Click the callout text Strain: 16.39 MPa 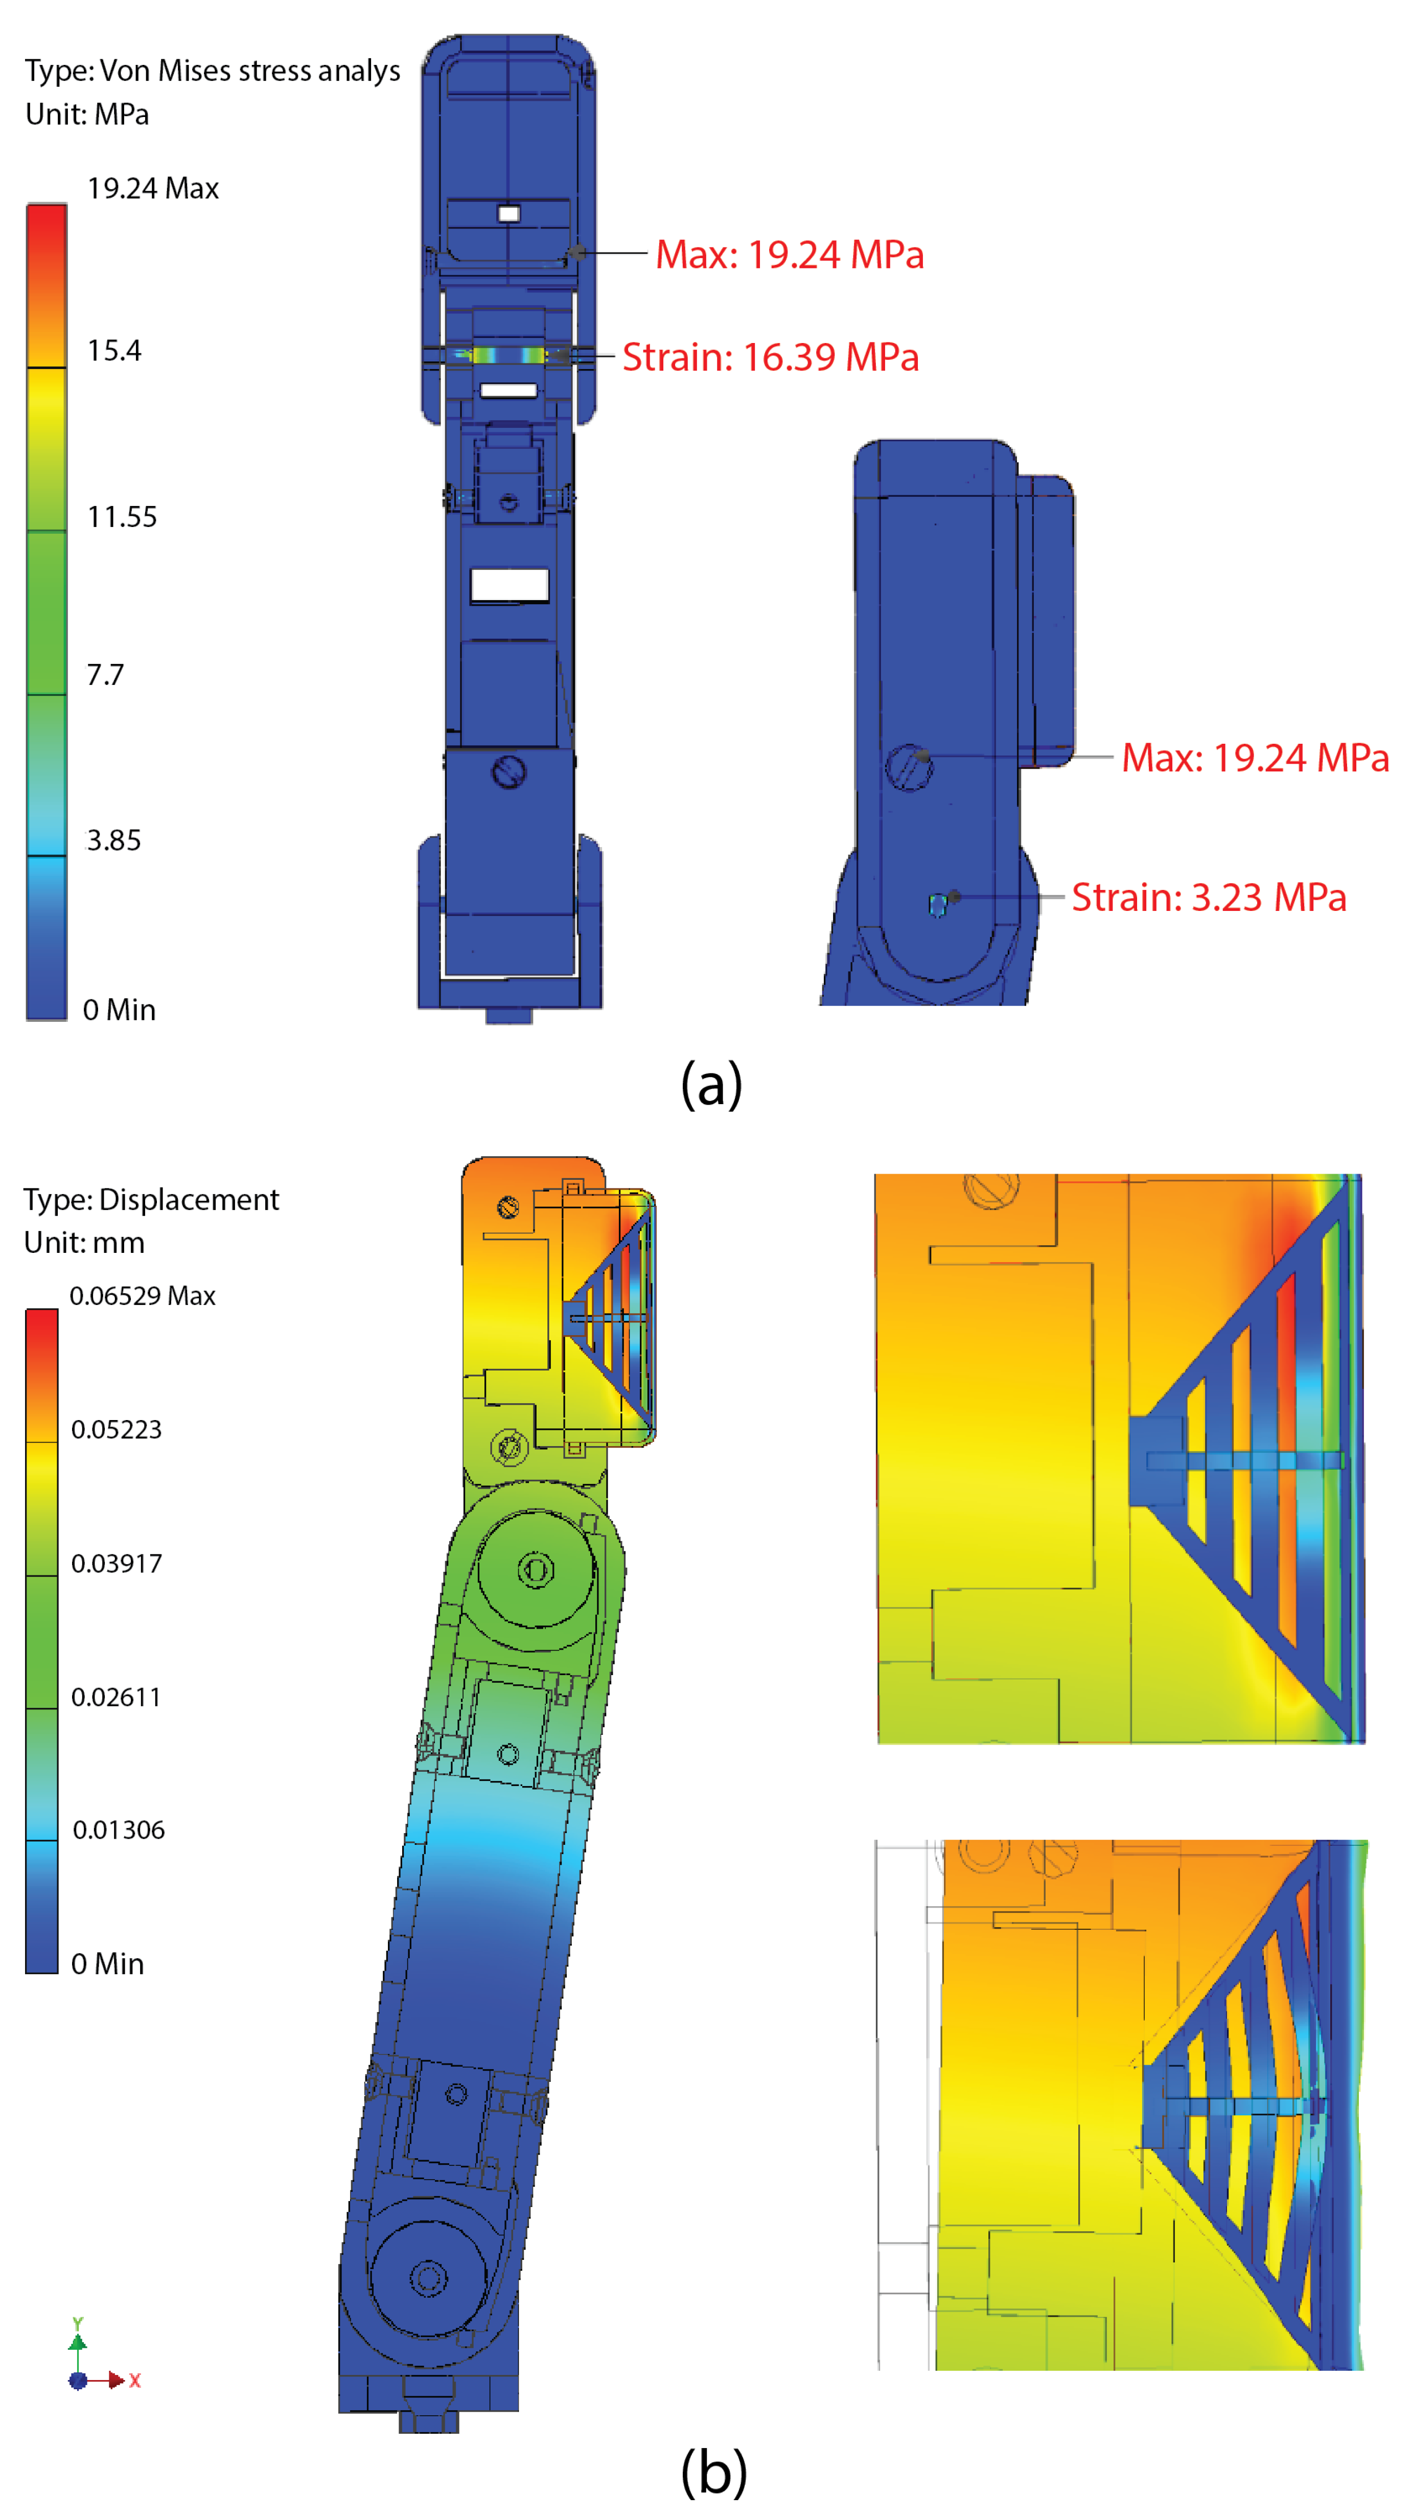[x=771, y=356]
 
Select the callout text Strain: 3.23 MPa [x=1209, y=897]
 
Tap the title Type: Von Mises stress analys [x=213, y=71]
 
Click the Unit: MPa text [x=87, y=115]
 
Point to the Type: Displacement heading [x=151, y=1199]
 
